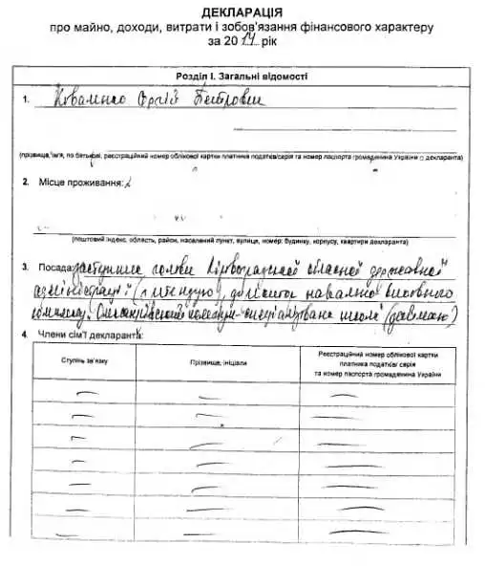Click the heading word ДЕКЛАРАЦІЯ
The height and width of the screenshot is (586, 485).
pos(242,11)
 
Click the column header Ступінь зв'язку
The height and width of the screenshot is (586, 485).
pos(85,362)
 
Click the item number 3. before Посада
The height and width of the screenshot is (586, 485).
pos(25,269)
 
